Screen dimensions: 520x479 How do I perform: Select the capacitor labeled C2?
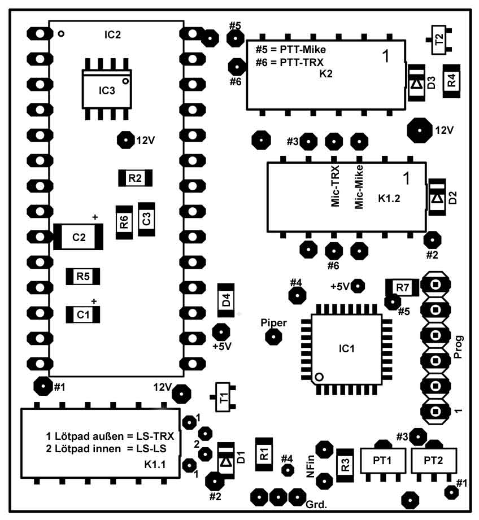click(79, 237)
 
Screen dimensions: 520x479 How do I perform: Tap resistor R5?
click(83, 276)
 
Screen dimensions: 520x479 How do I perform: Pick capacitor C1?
click(83, 314)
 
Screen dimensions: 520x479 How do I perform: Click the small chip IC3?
click(107, 90)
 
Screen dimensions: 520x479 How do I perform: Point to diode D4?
click(226, 300)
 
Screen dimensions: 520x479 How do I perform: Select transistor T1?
click(224, 397)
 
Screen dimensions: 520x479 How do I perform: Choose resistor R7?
click(402, 287)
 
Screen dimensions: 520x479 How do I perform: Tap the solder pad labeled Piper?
click(274, 337)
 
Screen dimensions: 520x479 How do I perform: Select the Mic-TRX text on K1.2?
click(335, 187)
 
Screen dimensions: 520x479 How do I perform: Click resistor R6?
click(124, 222)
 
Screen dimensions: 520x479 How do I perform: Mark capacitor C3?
click(146, 219)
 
